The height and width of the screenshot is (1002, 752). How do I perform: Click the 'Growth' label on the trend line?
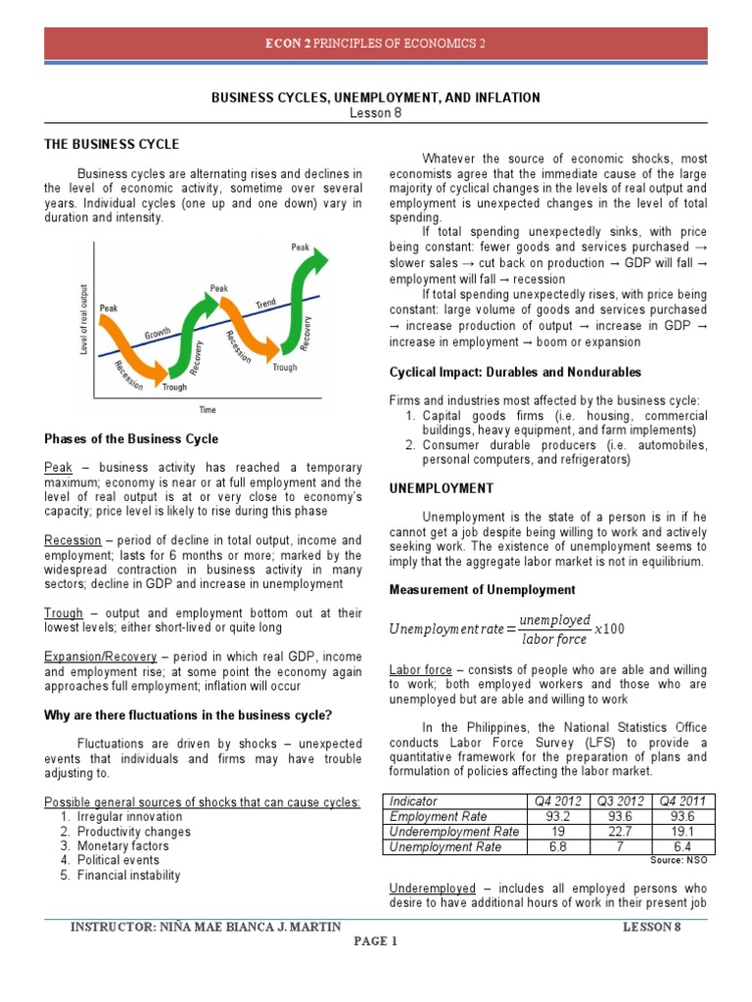pyautogui.click(x=158, y=338)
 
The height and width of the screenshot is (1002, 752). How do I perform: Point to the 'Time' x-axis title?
pyautogui.click(x=208, y=410)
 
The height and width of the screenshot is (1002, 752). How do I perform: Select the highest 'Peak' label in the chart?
pyautogui.click(x=301, y=248)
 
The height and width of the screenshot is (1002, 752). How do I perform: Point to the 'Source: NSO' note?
pyautogui.click(x=678, y=860)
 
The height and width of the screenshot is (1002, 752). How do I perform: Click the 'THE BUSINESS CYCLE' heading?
pyautogui.click(x=112, y=145)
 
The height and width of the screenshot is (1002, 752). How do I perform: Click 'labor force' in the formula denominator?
pyautogui.click(x=554, y=640)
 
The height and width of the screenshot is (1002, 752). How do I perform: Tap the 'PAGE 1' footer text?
pyautogui.click(x=376, y=943)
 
